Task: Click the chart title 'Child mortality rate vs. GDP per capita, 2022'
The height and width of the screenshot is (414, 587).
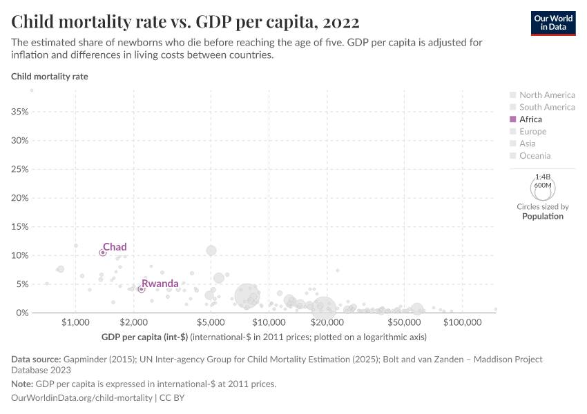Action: (x=185, y=22)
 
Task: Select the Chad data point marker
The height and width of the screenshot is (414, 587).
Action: (x=103, y=253)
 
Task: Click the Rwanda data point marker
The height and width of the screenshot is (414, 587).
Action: (x=141, y=289)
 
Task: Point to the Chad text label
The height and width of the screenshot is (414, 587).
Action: (x=115, y=247)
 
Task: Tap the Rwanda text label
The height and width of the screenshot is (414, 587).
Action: (x=160, y=284)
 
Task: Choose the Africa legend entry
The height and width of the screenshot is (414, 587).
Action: (x=530, y=119)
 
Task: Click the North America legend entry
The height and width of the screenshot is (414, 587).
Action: (x=546, y=95)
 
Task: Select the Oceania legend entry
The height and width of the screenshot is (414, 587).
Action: (x=535, y=156)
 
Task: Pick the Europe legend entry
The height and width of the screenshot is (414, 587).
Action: (x=532, y=131)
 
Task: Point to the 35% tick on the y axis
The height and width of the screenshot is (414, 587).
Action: (x=19, y=112)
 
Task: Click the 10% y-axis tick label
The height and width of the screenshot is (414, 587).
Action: (x=19, y=255)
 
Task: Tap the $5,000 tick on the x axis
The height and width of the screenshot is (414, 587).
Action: (x=211, y=323)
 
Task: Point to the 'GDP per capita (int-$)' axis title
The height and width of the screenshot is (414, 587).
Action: (x=144, y=337)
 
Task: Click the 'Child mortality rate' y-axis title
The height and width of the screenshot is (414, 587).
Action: (x=50, y=77)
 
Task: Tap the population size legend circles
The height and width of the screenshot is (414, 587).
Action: (x=543, y=186)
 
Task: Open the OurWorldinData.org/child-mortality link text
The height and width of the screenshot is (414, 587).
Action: (x=82, y=398)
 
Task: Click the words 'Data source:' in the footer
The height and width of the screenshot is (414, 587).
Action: (x=36, y=359)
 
